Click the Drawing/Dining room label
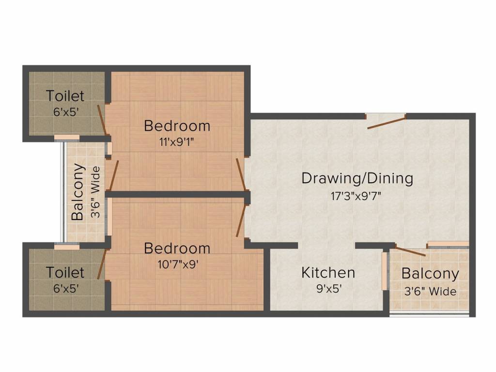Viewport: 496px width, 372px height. pos(357,178)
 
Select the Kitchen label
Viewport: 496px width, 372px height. pos(328,272)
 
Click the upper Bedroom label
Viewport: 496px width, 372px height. pos(177,126)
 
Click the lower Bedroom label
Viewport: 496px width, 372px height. pos(177,248)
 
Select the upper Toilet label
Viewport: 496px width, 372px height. pos(65,95)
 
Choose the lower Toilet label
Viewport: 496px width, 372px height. pos(65,272)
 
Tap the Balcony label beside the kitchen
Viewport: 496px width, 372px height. pos(430,274)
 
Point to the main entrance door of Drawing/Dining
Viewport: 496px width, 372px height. pos(386,122)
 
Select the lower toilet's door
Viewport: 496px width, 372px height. pos(101,263)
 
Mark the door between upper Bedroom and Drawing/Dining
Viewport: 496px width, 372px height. pos(240,174)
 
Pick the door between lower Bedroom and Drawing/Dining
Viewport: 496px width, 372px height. pos(241,220)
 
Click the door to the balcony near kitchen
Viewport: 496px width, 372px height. pos(410,250)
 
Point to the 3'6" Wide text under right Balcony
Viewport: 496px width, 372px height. pos(430,292)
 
